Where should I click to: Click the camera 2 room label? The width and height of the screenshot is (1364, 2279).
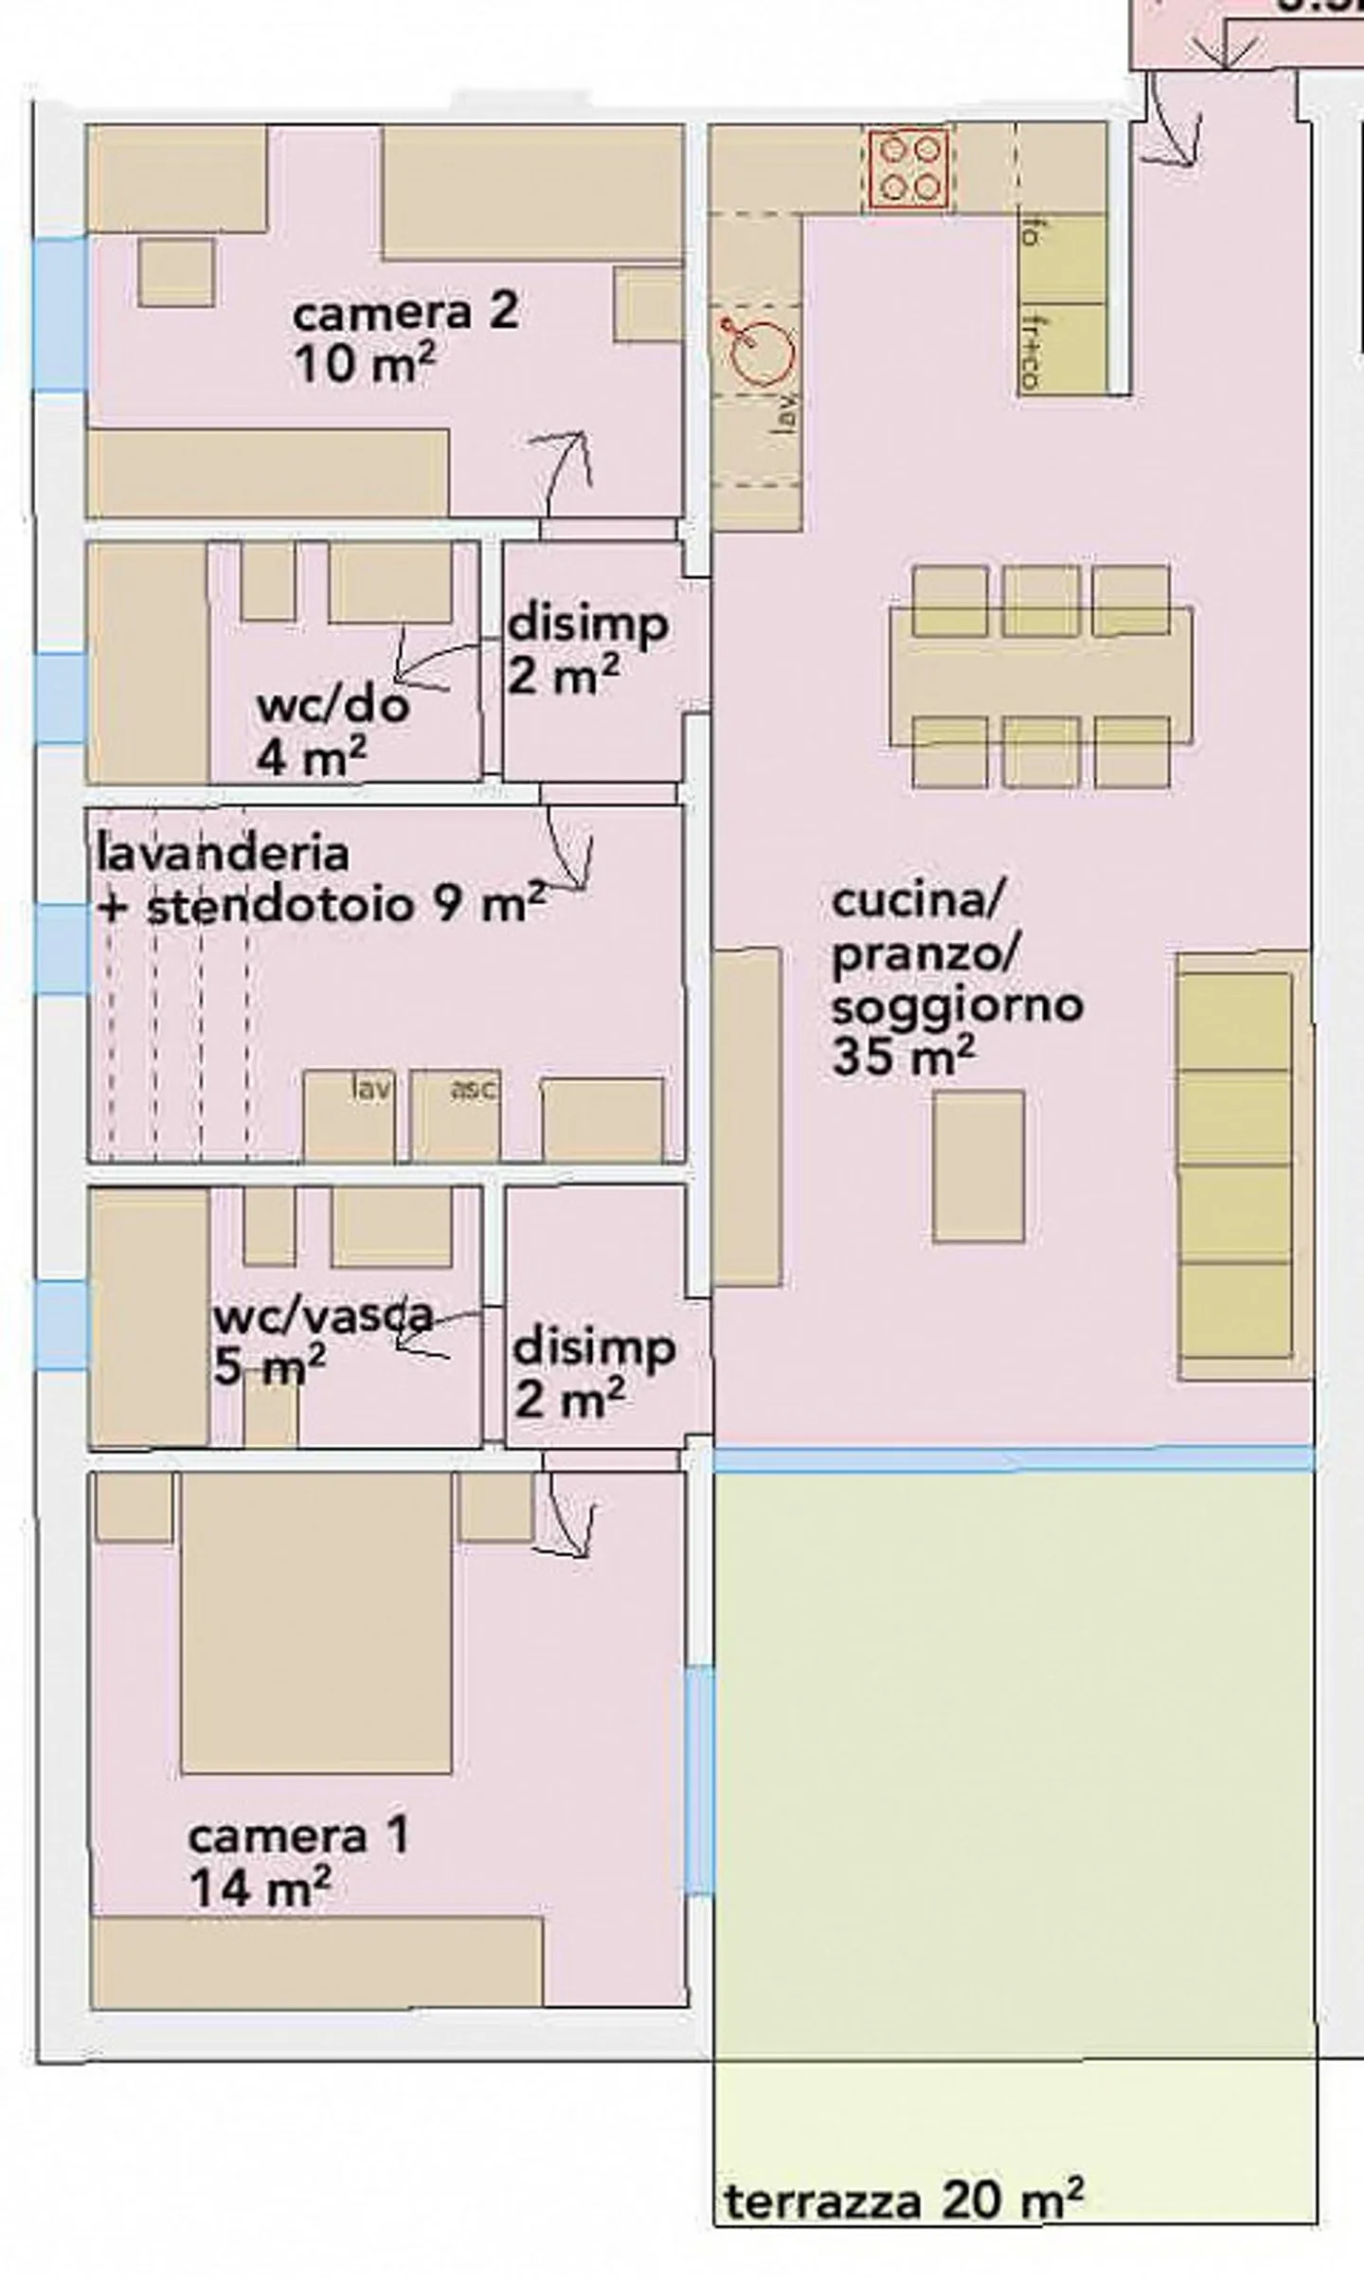coord(405,337)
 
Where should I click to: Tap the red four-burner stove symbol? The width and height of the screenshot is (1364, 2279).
coord(907,170)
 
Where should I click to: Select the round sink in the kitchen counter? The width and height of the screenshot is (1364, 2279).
coord(763,352)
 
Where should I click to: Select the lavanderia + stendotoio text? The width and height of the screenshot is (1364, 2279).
coord(320,879)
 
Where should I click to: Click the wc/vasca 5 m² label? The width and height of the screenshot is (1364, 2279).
coord(322,1339)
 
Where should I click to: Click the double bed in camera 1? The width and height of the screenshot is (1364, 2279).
coord(315,1622)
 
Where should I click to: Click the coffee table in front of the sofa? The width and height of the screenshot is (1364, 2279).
coord(978,1167)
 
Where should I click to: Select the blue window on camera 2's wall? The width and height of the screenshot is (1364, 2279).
coord(60,314)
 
